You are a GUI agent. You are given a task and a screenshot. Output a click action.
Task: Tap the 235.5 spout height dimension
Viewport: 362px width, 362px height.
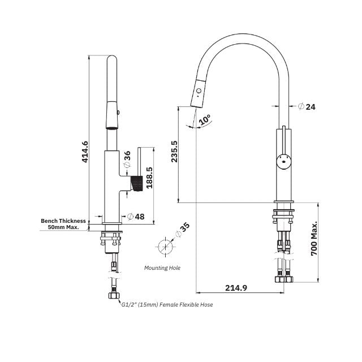[174, 152]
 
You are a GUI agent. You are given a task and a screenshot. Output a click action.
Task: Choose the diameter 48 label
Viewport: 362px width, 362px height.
[136, 216]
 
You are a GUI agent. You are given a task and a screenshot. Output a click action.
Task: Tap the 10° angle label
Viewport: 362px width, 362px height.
[205, 119]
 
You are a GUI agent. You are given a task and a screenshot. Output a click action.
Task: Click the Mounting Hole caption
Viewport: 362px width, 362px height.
[162, 268]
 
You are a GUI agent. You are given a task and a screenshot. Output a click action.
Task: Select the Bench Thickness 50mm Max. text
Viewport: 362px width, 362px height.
[63, 225]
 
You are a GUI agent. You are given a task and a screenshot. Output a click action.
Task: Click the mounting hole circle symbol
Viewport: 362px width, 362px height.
[165, 247]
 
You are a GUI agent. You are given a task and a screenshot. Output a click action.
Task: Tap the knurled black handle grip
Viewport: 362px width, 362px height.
[135, 183]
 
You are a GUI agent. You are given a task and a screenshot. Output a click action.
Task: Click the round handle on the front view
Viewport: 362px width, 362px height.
[283, 160]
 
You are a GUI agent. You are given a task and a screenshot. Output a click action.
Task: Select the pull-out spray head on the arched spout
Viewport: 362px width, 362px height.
[197, 93]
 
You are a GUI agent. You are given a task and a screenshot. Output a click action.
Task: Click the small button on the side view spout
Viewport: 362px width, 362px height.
[117, 113]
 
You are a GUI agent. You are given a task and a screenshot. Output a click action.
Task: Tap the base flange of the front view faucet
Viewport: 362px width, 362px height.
[283, 203]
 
